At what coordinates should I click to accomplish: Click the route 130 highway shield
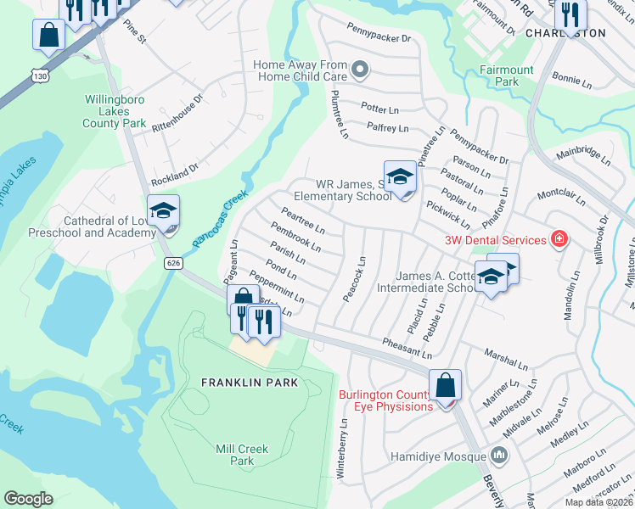40,76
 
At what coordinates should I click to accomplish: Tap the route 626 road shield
173,264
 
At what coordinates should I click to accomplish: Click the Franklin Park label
250,383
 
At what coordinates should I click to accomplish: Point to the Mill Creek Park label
242,455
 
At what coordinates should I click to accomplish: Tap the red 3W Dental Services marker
559,240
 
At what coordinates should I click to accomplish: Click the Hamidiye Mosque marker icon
497,456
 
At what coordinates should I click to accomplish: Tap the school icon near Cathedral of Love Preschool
163,210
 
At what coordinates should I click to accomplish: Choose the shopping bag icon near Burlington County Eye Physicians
445,385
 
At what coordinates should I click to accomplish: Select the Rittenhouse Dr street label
177,112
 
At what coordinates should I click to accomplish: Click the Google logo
28,499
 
